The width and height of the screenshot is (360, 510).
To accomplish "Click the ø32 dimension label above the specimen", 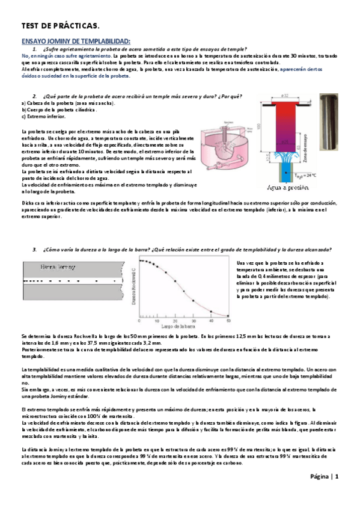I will tap(285, 96).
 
